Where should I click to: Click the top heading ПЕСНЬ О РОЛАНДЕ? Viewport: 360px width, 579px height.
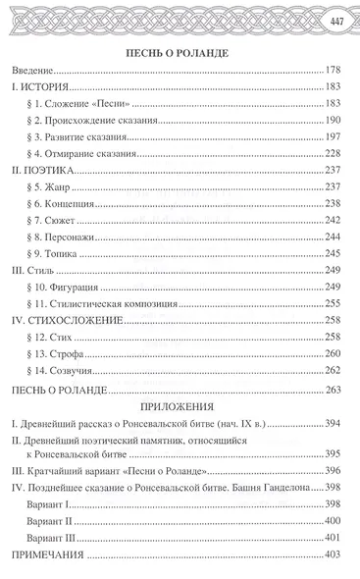(180, 52)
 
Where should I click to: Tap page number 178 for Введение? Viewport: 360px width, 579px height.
(335, 72)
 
